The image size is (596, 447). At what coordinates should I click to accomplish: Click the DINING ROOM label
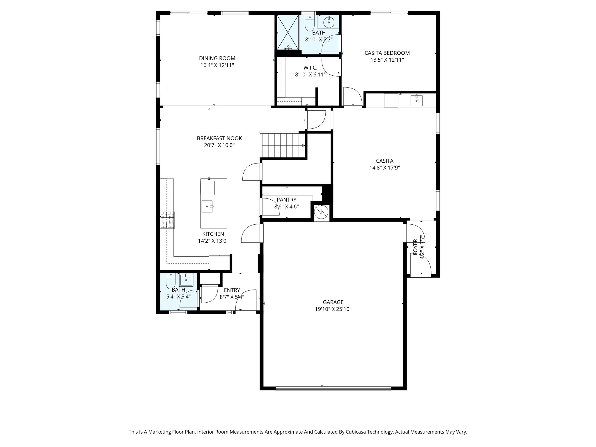coord(217,58)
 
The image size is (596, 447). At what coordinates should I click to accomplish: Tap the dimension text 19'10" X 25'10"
coord(333,309)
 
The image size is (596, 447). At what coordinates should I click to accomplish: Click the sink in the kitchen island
coord(207,206)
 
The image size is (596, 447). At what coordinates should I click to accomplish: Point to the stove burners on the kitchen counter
coord(167,219)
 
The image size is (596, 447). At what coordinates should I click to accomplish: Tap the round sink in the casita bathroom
coord(329,22)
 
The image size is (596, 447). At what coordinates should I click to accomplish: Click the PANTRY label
coord(286,200)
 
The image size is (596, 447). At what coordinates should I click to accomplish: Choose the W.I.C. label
coord(310,68)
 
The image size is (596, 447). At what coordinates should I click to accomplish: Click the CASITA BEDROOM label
coord(387,53)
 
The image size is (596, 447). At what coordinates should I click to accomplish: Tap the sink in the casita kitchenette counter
coord(416,101)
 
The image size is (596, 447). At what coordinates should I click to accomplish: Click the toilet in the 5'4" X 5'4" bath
coord(170,281)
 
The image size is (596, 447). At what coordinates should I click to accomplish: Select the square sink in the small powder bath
coord(186,280)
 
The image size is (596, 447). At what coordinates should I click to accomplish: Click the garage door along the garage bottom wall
coord(333,388)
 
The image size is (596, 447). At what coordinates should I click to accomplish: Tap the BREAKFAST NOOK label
coord(219,138)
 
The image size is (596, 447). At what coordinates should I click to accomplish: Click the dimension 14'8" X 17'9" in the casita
coord(385,168)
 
